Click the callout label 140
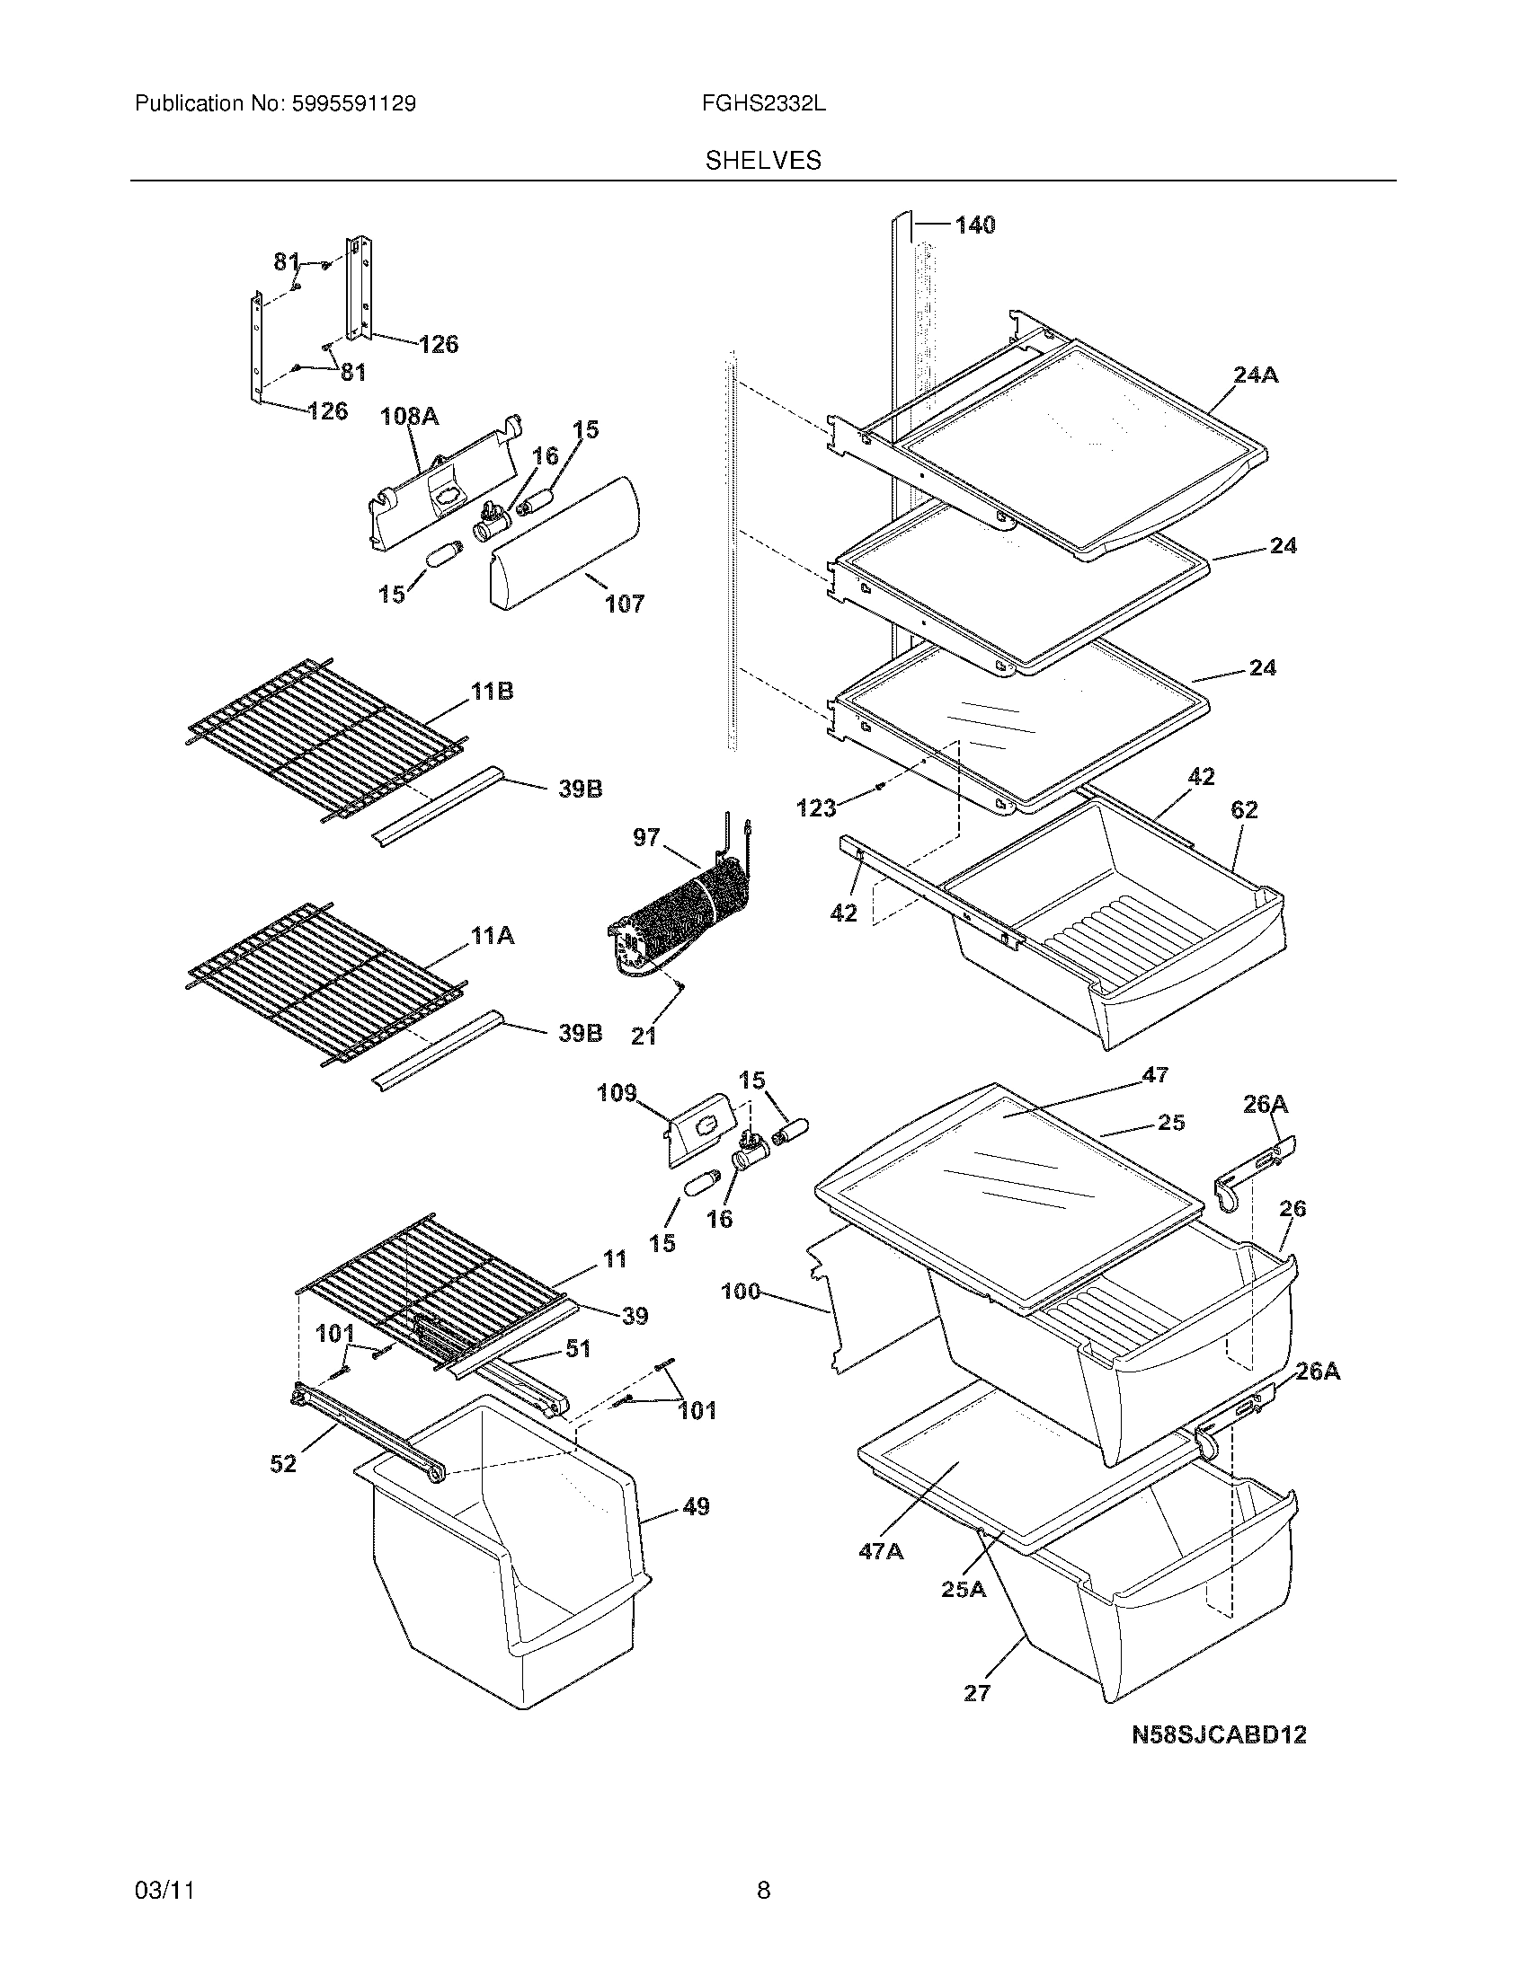click(974, 225)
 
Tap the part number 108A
click(409, 416)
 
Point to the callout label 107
click(625, 604)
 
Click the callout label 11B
click(492, 692)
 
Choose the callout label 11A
click(492, 936)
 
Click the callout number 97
click(646, 838)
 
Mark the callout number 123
click(815, 808)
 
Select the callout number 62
click(1244, 810)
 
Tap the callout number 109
click(617, 1093)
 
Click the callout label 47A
click(881, 1551)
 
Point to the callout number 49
click(695, 1506)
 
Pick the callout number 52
click(283, 1463)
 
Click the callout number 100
click(741, 1291)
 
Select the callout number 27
click(977, 1692)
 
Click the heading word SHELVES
click(763, 161)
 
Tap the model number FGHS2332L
click(763, 104)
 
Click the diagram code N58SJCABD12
click(1219, 1734)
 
